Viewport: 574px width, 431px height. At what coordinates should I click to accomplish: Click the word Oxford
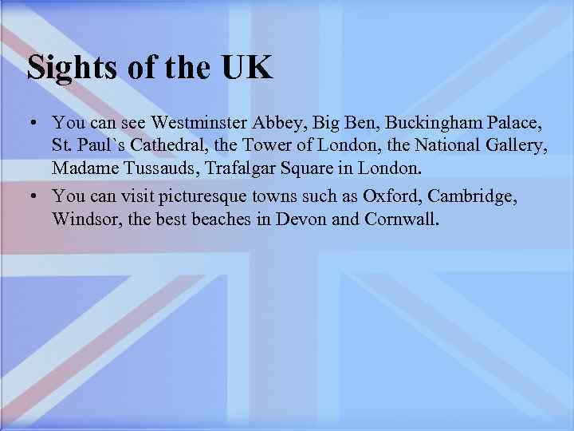pos(387,196)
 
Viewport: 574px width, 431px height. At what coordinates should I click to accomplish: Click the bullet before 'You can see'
pos(33,125)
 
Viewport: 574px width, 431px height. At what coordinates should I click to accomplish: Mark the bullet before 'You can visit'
pos(33,196)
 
